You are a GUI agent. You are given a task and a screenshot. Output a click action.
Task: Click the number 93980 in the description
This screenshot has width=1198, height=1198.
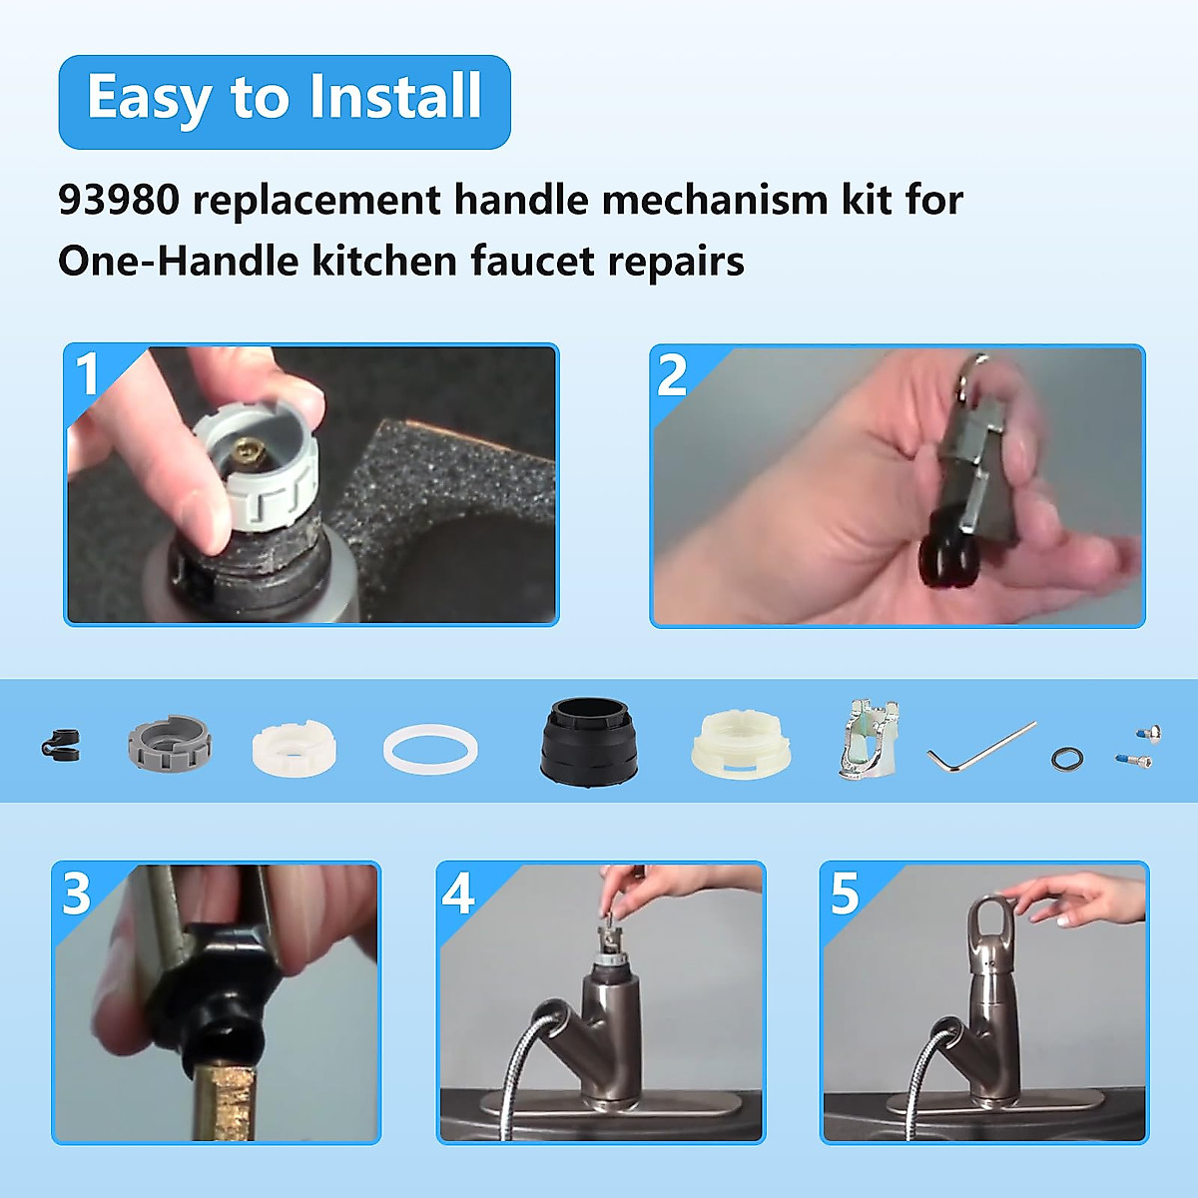[x=119, y=200]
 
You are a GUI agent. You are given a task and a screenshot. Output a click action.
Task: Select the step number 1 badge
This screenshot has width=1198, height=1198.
[x=89, y=374]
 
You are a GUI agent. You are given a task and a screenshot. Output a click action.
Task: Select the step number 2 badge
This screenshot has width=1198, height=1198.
[x=672, y=375]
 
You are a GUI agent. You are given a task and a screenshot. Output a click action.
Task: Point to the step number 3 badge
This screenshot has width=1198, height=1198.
[x=77, y=893]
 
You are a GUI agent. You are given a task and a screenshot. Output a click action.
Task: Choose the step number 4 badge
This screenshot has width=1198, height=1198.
[x=458, y=893]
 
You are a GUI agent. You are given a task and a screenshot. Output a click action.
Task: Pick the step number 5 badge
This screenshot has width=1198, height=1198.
[x=844, y=893]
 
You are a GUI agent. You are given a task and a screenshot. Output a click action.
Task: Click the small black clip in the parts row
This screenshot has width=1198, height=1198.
[x=60, y=744]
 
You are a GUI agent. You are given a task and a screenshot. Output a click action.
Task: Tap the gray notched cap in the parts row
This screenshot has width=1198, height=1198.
[x=169, y=744]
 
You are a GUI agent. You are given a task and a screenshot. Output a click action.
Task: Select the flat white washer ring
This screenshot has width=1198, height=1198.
[x=430, y=749]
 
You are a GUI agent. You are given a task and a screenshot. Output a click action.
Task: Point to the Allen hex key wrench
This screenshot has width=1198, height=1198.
[x=978, y=748]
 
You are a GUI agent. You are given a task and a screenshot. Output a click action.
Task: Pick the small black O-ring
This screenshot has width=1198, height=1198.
[x=1066, y=758]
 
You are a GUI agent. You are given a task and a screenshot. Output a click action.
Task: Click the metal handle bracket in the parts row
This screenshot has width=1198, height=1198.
[x=868, y=740]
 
